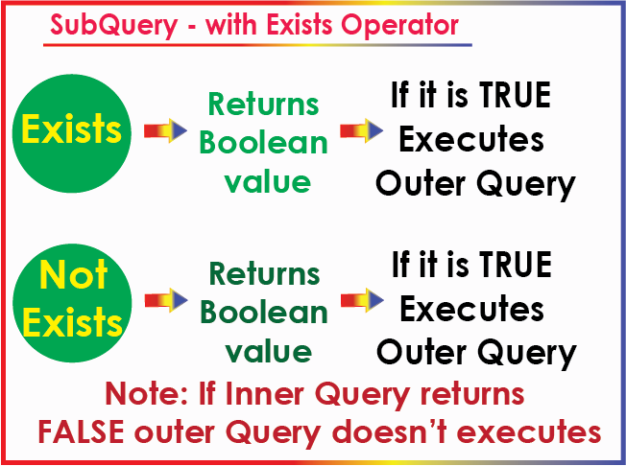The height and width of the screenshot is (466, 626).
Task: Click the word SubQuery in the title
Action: tap(114, 26)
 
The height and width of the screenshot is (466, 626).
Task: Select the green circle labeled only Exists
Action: tap(72, 133)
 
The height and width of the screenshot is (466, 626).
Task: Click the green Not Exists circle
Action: tap(72, 303)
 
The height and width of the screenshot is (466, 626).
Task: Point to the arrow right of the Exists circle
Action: tap(165, 130)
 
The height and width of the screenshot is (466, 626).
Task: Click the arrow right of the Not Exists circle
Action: tap(166, 300)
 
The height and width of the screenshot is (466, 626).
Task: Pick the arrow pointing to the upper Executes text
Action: tap(361, 130)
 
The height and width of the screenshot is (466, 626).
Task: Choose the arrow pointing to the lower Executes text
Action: tap(362, 300)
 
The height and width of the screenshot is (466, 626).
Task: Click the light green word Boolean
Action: tap(263, 142)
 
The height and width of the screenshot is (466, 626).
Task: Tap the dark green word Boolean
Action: tap(264, 312)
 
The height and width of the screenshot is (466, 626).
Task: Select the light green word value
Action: tap(268, 182)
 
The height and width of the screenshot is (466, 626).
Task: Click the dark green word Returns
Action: tap(265, 273)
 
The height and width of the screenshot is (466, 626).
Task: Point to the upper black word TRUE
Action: tap(515, 95)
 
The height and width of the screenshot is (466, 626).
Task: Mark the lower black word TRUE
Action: tap(516, 265)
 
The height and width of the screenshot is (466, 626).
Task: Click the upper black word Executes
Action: tap(471, 139)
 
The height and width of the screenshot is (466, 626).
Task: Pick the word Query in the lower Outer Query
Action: tap(527, 353)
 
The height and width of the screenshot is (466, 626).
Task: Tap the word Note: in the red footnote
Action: tap(149, 393)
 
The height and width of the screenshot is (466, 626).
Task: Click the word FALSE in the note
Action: tap(81, 431)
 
